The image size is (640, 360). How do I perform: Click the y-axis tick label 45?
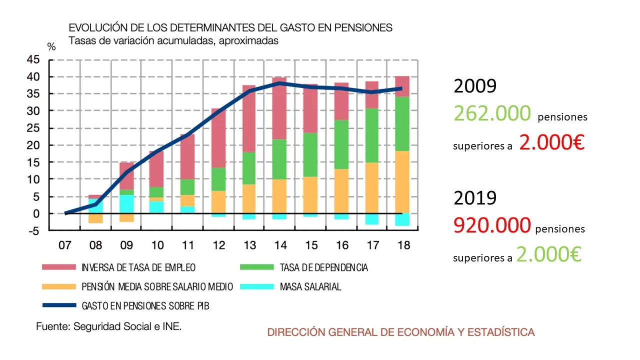(32, 59)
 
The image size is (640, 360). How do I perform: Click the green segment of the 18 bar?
(401, 123)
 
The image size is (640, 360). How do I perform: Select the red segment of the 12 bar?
(218, 137)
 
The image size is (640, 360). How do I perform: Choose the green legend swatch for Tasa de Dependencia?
(256, 267)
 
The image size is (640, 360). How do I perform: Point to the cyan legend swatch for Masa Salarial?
(256, 287)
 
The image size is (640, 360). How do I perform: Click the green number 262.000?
(492, 113)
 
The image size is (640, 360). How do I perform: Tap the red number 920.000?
(492, 225)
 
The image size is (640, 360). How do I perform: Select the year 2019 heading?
(475, 197)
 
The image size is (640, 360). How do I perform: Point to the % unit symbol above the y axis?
(51, 47)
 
